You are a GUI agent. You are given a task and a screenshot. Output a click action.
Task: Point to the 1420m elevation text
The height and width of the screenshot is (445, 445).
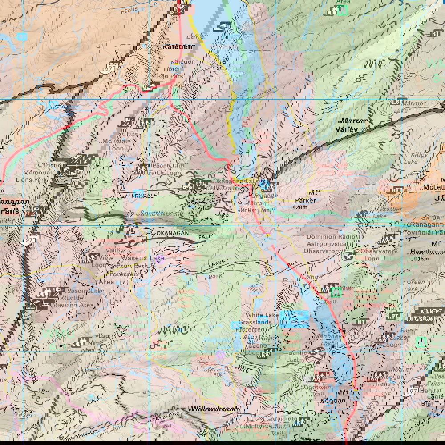coord(306,207)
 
